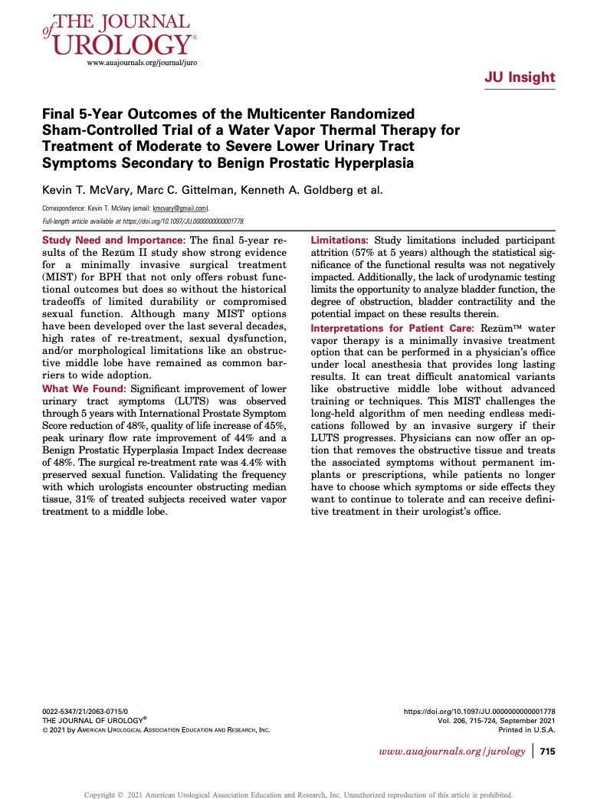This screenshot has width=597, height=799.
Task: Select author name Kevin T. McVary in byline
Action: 84,189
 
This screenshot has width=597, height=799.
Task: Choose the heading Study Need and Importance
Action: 108,241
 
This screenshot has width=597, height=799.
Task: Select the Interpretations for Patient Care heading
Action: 392,328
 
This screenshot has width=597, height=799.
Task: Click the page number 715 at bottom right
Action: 547,752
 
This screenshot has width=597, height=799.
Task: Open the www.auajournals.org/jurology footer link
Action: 452,752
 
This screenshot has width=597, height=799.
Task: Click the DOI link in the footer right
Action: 479,712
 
